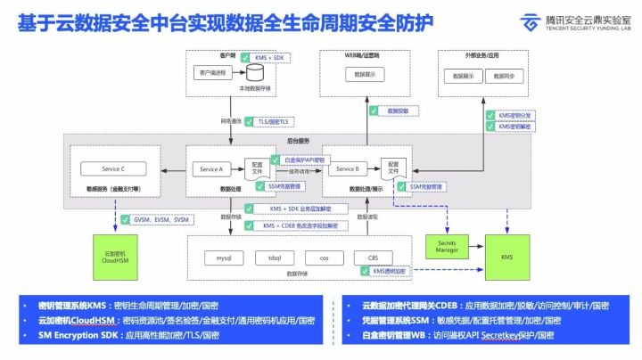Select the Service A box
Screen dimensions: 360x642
(x=210, y=168)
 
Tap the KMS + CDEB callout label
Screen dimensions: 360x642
(x=288, y=225)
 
